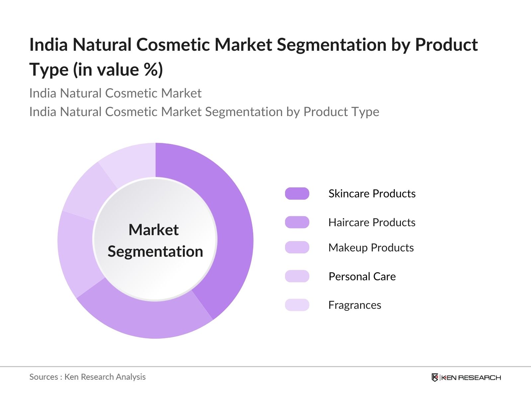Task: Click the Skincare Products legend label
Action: [372, 193]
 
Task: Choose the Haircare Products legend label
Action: [372, 222]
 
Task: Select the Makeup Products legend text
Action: [371, 247]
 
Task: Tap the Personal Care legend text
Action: [362, 276]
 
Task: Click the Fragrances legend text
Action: [354, 305]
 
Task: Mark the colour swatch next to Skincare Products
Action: [297, 193]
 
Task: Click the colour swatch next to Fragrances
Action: [297, 305]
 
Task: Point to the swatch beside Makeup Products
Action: [297, 247]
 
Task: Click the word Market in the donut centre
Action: [153, 230]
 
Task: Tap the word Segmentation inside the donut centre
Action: [155, 251]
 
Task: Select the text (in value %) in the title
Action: [118, 70]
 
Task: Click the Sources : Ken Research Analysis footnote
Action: [87, 377]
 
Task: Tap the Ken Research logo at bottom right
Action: [466, 377]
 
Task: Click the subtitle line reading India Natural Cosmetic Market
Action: [115, 93]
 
